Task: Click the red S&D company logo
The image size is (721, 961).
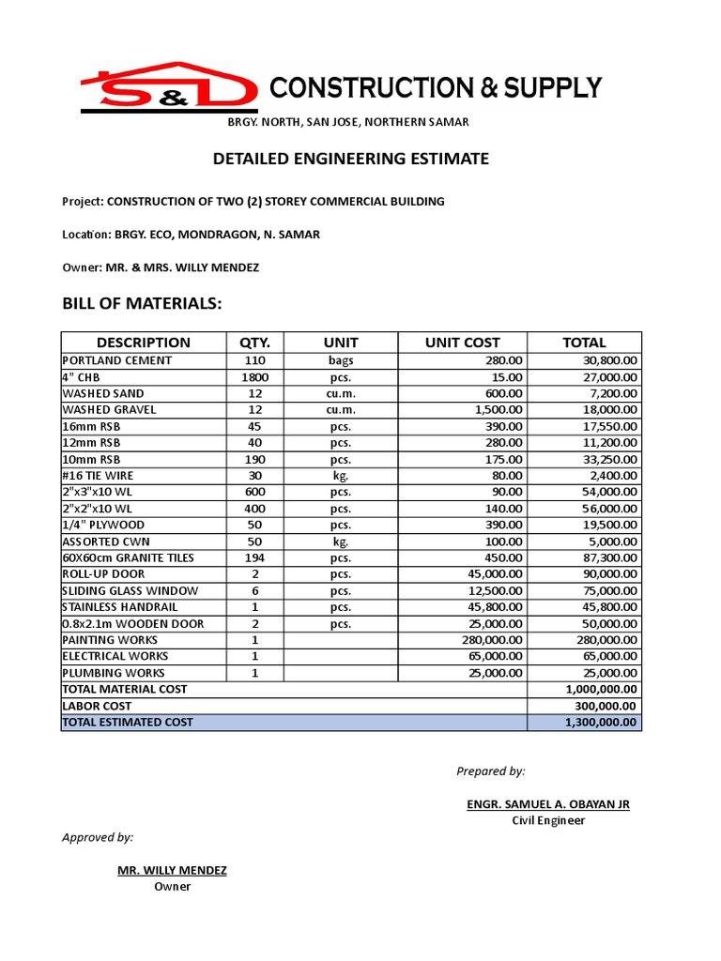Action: coord(168,85)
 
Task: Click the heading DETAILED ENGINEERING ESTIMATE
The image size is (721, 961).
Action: coord(350,159)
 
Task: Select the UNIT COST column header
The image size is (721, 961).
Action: coord(462,343)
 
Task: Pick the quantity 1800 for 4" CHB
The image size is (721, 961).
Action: coord(254,377)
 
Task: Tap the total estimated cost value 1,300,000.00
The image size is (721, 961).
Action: coord(597,722)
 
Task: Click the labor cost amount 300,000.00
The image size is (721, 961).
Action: coord(602,706)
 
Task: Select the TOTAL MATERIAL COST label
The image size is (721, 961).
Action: coord(124,689)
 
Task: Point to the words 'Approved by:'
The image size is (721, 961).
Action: coord(98,837)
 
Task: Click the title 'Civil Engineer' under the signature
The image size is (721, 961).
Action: coord(548,820)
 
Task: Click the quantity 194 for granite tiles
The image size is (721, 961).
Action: coord(254,557)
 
